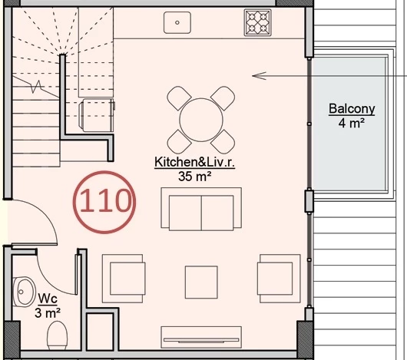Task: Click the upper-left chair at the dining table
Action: click(x=179, y=98)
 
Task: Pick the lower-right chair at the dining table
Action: click(x=223, y=140)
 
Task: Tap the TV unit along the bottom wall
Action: click(x=201, y=335)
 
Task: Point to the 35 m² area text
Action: click(x=194, y=176)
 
